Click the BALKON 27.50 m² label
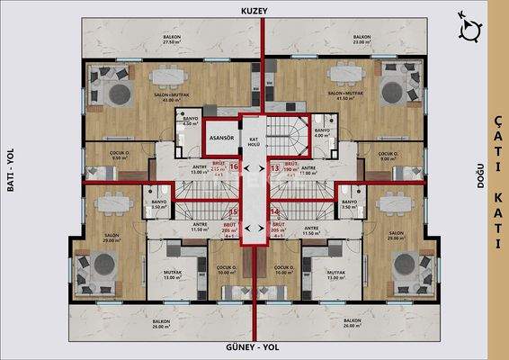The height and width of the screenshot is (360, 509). pyautogui.click(x=171, y=40)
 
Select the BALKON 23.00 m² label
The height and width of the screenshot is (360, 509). pyautogui.click(x=362, y=40)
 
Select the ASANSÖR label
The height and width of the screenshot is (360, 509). pyautogui.click(x=221, y=139)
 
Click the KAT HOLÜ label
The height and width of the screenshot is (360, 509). pyautogui.click(x=254, y=142)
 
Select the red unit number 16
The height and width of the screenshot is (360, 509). pyautogui.click(x=234, y=166)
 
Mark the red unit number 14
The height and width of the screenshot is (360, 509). pyautogui.click(x=273, y=211)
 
